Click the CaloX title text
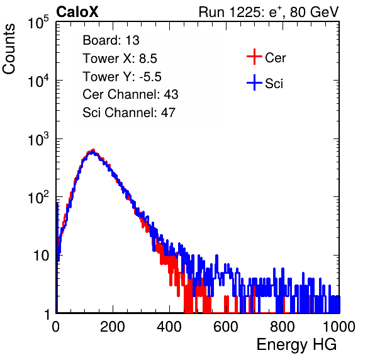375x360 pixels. coord(77,12)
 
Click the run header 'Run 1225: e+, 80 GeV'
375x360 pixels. coord(269,12)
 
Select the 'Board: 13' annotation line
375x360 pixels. coord(111,40)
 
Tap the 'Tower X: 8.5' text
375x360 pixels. coord(120,59)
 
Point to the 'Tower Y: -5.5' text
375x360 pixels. coord(122,77)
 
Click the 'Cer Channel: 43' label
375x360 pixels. coord(130,94)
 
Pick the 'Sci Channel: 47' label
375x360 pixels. coord(129,113)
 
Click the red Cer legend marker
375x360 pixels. coord(254,57)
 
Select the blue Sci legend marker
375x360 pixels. coord(254,82)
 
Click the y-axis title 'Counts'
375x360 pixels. coord(9,49)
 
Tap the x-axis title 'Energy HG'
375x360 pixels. coord(296,345)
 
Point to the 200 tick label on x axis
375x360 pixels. coord(113,327)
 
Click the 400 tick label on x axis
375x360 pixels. coord(169,327)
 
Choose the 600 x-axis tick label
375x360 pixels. coord(226,327)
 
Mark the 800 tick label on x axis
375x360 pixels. coord(283,327)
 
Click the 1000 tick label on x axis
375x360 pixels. coord(339,327)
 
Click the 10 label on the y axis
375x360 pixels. coord(42,256)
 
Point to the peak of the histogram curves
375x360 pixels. coord(92,150)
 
